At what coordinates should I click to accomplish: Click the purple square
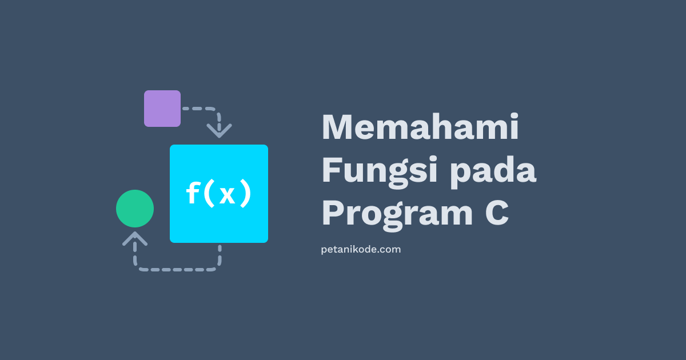[162, 109]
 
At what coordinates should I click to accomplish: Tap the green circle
[135, 209]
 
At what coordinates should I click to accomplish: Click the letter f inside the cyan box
[192, 194]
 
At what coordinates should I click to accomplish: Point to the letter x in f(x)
[227, 195]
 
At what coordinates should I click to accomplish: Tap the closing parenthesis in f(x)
[245, 194]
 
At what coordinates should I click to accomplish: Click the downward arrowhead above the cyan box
[219, 130]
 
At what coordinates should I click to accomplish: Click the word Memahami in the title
[420, 127]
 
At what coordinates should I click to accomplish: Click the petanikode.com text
[361, 250]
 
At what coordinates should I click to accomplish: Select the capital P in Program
[332, 213]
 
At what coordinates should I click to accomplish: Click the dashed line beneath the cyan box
[177, 269]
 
